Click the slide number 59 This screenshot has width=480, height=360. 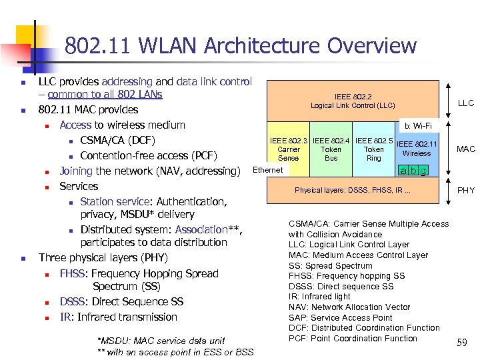pos(461,343)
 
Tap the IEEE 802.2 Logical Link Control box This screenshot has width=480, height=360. pos(353,101)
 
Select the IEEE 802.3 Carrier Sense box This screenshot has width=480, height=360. pos(289,149)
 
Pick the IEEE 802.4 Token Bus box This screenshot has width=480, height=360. pos(331,149)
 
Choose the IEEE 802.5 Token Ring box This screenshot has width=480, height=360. pos(373,149)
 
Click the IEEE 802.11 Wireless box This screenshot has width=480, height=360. pos(417,149)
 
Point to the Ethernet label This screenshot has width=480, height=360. pos(269,170)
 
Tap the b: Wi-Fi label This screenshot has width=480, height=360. pos(417,126)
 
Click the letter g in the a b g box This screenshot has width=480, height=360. pos(423,171)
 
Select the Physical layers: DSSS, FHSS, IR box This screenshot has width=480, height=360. pos(353,190)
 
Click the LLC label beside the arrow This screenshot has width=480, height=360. pos(465,103)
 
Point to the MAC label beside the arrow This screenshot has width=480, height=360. pos(465,149)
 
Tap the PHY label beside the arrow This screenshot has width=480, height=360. pos(465,190)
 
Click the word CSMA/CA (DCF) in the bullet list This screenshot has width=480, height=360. pos(117,140)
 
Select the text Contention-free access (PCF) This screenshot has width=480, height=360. pos(149,155)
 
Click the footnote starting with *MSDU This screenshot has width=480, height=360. pos(161,341)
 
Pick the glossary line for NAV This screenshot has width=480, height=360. pos(349,307)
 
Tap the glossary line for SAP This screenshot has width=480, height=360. pos(340,317)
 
